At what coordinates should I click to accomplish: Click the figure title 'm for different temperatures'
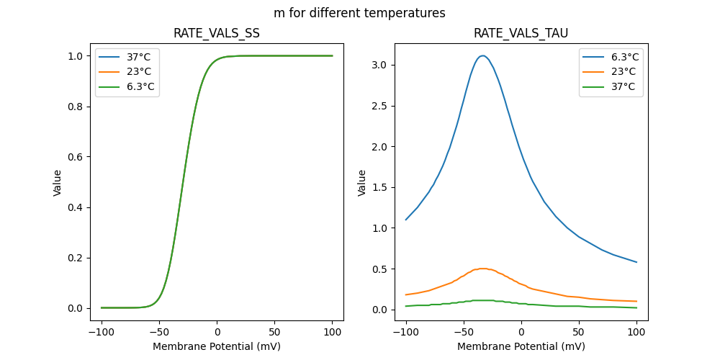click(359, 13)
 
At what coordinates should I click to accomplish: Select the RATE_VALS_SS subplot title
click(216, 33)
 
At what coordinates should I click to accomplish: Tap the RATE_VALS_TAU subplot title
click(521, 33)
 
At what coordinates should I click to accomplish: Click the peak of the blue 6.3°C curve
click(482, 55)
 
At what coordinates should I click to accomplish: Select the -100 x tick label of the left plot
click(102, 332)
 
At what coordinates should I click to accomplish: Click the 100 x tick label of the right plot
click(636, 332)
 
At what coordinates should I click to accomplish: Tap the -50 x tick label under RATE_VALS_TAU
click(464, 332)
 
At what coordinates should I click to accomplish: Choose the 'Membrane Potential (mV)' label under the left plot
click(216, 346)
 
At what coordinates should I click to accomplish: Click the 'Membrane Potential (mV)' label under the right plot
click(521, 346)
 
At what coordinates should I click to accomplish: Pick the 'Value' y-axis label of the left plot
click(58, 183)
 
